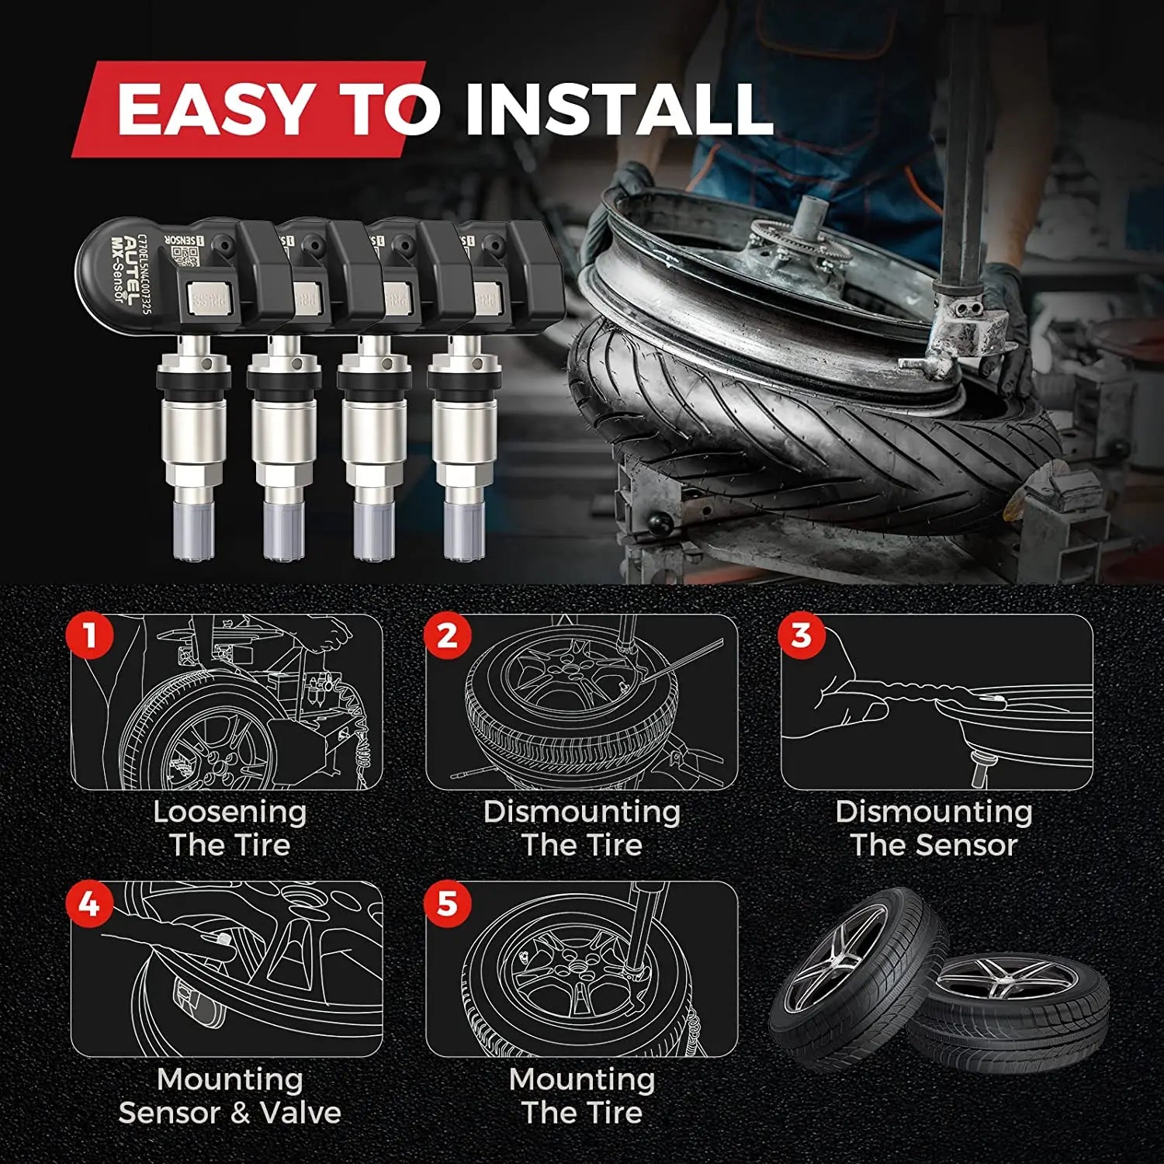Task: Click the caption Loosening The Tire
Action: click(230, 828)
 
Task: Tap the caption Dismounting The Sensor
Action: click(934, 828)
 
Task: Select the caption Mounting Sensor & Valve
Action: click(230, 1096)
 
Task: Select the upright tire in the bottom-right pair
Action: click(854, 970)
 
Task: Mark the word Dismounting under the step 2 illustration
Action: click(582, 812)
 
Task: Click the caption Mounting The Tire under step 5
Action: click(582, 1096)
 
